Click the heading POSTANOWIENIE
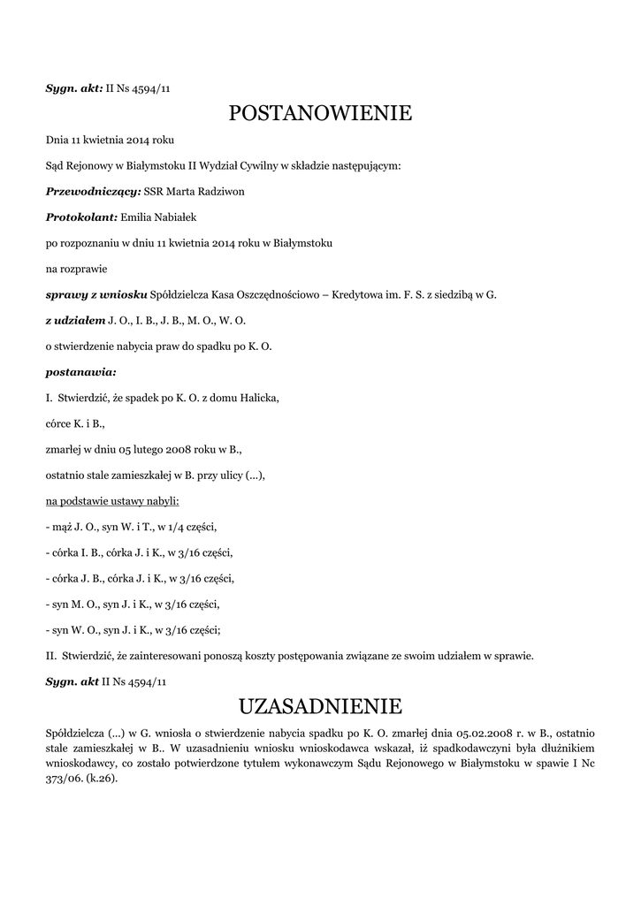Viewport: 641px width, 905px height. pos(320,113)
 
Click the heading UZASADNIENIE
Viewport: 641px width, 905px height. pos(320,706)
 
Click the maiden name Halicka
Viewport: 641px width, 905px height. pos(257,398)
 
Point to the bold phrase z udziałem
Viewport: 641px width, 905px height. pos(75,320)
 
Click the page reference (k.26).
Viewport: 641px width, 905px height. pos(101,780)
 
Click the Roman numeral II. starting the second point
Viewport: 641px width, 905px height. pos(50,656)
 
